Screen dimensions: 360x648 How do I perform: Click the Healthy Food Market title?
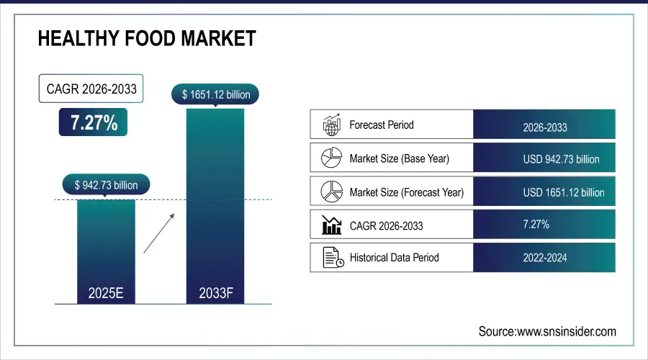tap(147, 38)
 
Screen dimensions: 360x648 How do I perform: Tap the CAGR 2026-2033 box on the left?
tap(91, 89)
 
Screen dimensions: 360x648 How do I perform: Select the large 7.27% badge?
tap(94, 122)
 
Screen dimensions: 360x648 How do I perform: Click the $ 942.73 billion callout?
tap(106, 185)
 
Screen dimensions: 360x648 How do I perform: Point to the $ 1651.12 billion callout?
tap(215, 94)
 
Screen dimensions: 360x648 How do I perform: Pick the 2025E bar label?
tap(106, 294)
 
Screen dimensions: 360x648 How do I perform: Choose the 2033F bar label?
tap(215, 294)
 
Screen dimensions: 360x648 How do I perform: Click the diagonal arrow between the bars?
tap(158, 232)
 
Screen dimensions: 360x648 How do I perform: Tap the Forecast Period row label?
tap(382, 125)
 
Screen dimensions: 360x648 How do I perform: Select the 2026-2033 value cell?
tap(544, 127)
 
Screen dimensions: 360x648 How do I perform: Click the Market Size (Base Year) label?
tap(399, 158)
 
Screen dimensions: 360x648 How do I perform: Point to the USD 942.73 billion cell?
tap(561, 159)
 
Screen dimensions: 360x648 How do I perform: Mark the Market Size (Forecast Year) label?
tap(406, 192)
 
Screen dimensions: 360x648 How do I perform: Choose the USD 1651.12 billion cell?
tap(564, 192)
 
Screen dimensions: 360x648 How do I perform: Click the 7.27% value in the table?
tap(536, 225)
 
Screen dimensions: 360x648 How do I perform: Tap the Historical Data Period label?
tap(394, 257)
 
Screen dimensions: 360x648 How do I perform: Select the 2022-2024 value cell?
tap(544, 257)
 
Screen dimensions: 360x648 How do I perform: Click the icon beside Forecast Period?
tap(330, 125)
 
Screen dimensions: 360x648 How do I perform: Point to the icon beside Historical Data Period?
tap(330, 258)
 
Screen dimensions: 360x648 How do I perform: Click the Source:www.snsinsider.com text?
tap(547, 331)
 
